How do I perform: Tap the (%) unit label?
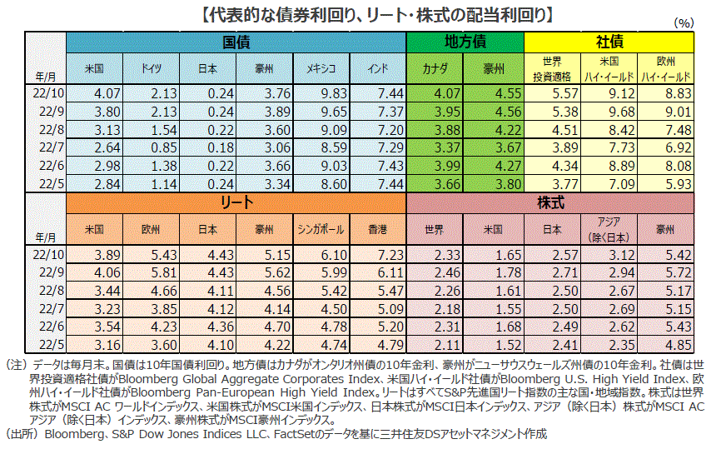point(684,23)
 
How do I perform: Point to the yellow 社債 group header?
point(609,42)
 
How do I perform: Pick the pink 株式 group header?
point(550,202)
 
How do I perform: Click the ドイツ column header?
point(152,69)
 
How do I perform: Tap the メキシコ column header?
point(321,69)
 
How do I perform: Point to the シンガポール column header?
point(321,229)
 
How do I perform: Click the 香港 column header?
point(378,229)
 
